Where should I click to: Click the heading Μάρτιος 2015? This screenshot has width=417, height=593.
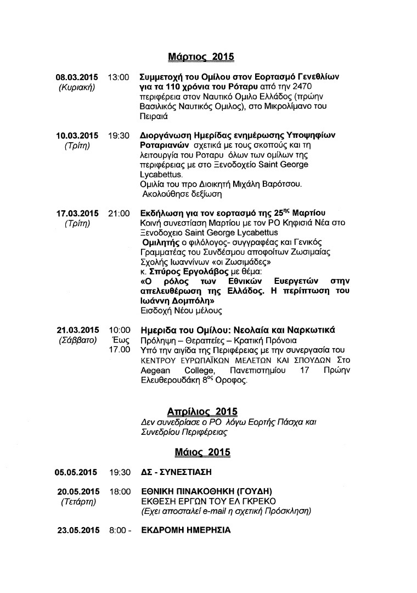click(x=201, y=57)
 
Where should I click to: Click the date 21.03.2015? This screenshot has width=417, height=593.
click(x=77, y=330)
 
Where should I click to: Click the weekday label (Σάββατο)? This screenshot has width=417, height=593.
click(x=77, y=340)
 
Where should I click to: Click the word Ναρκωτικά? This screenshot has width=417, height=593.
click(x=309, y=330)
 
